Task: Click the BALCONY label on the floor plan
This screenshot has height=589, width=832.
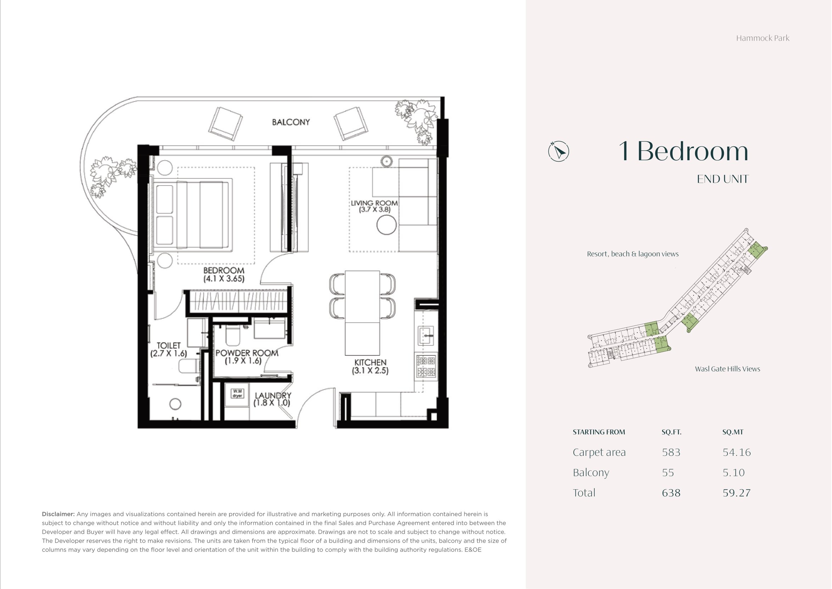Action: pyautogui.click(x=291, y=122)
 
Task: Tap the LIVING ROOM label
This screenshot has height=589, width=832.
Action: pyautogui.click(x=374, y=203)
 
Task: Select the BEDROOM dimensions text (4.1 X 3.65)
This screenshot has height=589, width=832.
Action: pyautogui.click(x=224, y=278)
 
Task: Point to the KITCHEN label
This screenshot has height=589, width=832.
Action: pyautogui.click(x=370, y=362)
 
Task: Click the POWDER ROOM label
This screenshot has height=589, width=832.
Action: pyautogui.click(x=247, y=353)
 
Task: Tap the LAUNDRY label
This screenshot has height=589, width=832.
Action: pyautogui.click(x=273, y=395)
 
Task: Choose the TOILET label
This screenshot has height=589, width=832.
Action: pyautogui.click(x=169, y=345)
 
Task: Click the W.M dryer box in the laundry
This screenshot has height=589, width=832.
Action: pyautogui.click(x=237, y=393)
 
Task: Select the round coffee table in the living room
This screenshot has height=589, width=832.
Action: pyautogui.click(x=387, y=225)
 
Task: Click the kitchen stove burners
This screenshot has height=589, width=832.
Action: pyautogui.click(x=426, y=366)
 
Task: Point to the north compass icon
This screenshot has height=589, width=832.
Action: pyautogui.click(x=558, y=151)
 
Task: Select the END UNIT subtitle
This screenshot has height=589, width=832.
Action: pyautogui.click(x=723, y=179)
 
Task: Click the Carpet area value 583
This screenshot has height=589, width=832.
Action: pyautogui.click(x=671, y=452)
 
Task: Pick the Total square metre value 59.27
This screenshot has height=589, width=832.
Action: pyautogui.click(x=737, y=493)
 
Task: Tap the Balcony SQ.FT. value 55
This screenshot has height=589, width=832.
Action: pyautogui.click(x=668, y=473)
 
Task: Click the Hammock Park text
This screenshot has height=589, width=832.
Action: pyautogui.click(x=763, y=38)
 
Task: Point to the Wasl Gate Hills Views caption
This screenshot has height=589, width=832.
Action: pyautogui.click(x=728, y=369)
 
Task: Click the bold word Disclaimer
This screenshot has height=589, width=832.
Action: pyautogui.click(x=58, y=514)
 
